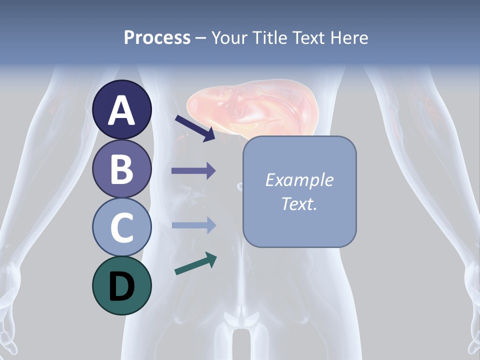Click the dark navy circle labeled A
click(122, 109)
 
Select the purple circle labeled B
click(122, 168)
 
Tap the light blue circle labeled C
click(122, 227)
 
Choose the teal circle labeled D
click(122, 285)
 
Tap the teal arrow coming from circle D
click(195, 263)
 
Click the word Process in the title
click(157, 37)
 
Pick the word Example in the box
click(299, 180)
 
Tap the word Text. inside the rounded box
click(299, 203)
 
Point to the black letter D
click(122, 286)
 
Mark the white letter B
click(122, 169)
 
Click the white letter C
click(122, 227)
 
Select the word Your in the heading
click(230, 37)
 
